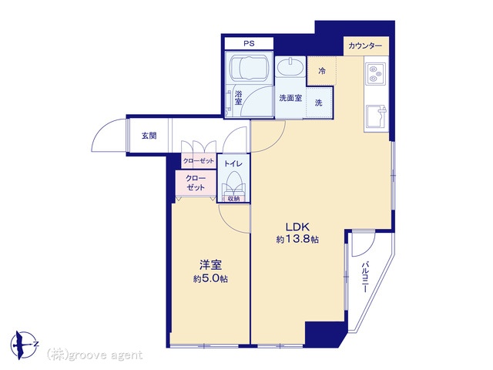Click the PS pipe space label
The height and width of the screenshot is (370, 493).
pyautogui.click(x=249, y=43)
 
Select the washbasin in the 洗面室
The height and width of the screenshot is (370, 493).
pyautogui.click(x=290, y=67)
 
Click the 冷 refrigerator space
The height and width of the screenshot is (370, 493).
pyautogui.click(x=322, y=71)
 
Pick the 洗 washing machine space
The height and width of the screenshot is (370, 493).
pyautogui.click(x=319, y=103)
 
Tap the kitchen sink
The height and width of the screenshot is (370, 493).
pyautogui.click(x=377, y=116)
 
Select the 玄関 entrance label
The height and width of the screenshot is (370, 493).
pyautogui.click(x=149, y=136)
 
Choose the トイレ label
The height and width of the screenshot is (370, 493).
pyautogui.click(x=233, y=163)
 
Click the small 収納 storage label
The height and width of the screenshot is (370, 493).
pyautogui.click(x=233, y=199)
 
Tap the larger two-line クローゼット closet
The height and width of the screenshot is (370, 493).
pyautogui.click(x=196, y=183)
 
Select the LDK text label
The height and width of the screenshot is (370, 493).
pyautogui.click(x=297, y=227)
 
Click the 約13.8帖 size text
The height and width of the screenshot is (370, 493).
pyautogui.click(x=297, y=240)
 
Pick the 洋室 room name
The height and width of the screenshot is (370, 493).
pyautogui.click(x=210, y=265)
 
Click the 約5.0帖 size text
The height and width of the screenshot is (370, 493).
pyautogui.click(x=210, y=279)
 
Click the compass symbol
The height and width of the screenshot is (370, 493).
pyautogui.click(x=23, y=345)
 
